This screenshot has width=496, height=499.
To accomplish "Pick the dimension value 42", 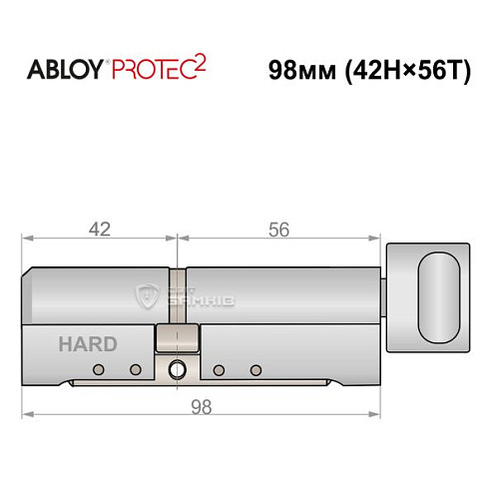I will click(x=99, y=229).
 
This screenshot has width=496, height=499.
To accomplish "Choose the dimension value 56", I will click(x=278, y=229).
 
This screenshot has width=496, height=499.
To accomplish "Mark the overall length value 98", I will click(x=203, y=406).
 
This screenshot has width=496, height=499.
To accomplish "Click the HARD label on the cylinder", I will click(x=87, y=344).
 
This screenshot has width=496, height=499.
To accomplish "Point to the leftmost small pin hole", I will click(x=98, y=370).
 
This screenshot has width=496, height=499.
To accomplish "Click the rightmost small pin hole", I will click(x=255, y=370).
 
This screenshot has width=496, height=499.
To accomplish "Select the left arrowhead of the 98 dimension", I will click(x=28, y=414).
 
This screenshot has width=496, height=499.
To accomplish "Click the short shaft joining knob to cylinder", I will click(x=388, y=296).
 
